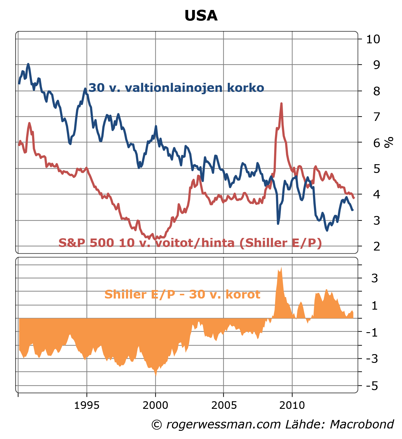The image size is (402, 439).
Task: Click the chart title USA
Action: (201, 16)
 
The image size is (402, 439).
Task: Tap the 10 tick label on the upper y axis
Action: (373, 39)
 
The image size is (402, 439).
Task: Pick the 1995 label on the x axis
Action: (87, 406)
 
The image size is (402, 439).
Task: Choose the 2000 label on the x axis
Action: (155, 406)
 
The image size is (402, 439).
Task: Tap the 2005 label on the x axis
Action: (224, 406)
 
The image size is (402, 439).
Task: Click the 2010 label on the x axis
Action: (292, 406)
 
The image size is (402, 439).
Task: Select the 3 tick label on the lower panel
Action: (375, 278)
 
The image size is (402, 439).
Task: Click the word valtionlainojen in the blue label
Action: (174, 88)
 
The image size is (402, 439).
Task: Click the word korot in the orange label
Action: (242, 294)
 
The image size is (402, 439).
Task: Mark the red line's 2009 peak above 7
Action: (281, 104)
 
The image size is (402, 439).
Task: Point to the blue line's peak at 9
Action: (28, 64)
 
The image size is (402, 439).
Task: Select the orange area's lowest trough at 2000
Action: (156, 375)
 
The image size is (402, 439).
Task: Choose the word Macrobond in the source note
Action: (362, 424)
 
